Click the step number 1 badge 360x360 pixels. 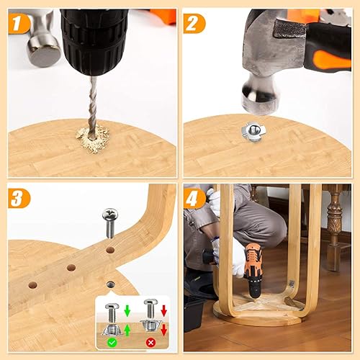19,24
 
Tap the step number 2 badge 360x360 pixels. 194,24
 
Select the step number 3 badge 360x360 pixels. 19,198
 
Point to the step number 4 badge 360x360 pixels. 194,198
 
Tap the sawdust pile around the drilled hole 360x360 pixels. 93,139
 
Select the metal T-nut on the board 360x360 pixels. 253,132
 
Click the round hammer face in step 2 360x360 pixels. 260,102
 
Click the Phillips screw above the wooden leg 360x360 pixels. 110,222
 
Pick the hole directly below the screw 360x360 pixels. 110,250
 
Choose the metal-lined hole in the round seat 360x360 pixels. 111,284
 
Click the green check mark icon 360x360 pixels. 112,342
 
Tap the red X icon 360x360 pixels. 150,343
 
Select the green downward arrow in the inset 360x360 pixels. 127,310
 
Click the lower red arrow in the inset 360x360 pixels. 164,330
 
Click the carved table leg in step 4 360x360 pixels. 333,228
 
